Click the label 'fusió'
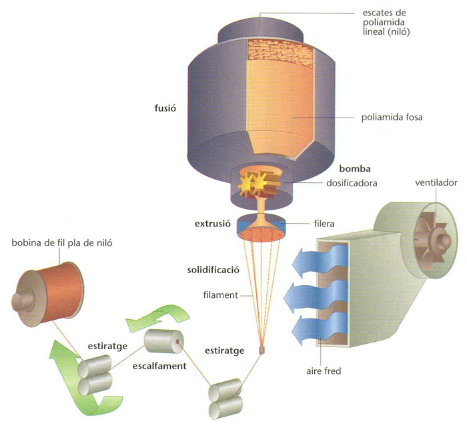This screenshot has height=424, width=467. pos(165,108)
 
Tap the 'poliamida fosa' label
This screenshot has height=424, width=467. pos(392,117)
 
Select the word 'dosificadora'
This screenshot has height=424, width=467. pos(352,183)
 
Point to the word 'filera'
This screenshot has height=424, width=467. pos(324,223)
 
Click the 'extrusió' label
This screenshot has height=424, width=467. pos(213,223)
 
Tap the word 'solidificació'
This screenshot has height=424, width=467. pos(213,270)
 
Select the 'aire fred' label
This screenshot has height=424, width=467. pos(324,371)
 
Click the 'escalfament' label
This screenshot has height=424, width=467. pos(159,366)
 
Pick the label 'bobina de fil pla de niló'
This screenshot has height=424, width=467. pos(62,243)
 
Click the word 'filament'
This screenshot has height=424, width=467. pos(221,295)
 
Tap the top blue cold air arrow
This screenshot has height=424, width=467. pos(320,258)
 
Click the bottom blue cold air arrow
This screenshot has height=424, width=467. pos(320,330)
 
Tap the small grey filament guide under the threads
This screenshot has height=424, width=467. pos(262,351)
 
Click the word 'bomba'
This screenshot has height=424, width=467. pos(355,169)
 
